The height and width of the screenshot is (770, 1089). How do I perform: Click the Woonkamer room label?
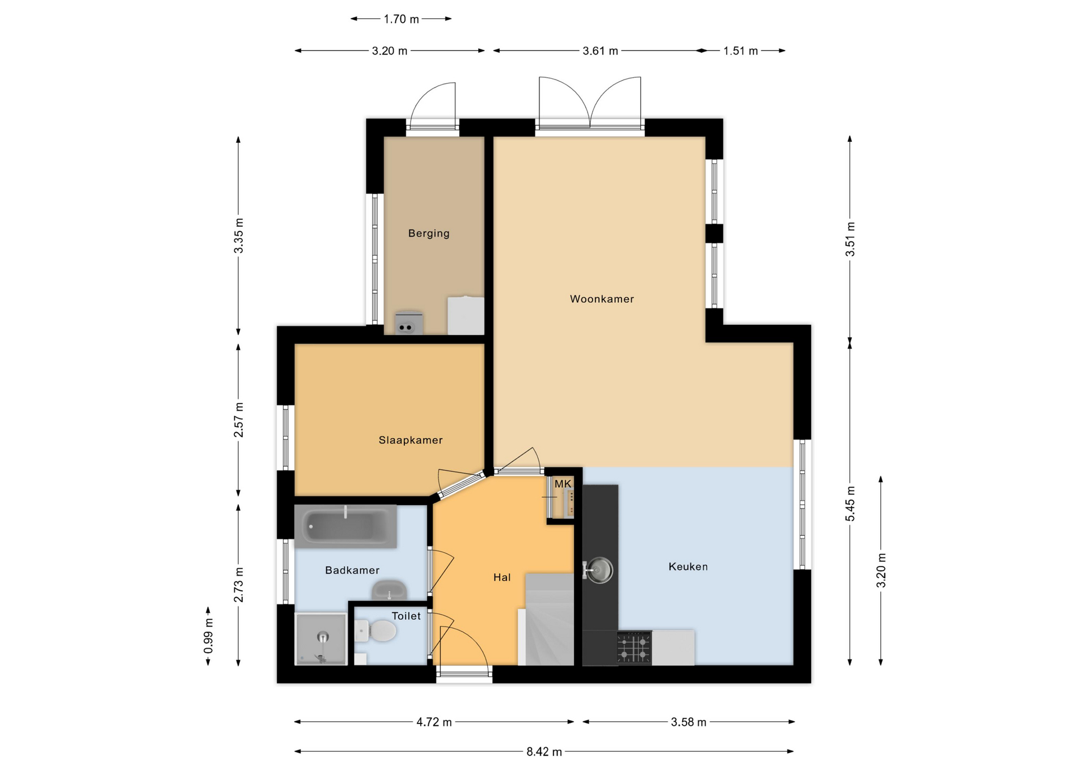click(x=602, y=299)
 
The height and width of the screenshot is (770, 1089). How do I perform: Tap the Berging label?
click(x=429, y=233)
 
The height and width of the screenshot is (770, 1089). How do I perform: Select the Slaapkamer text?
click(x=411, y=440)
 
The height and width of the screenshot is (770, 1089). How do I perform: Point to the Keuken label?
click(x=688, y=566)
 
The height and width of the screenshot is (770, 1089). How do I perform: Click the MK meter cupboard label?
click(x=563, y=484)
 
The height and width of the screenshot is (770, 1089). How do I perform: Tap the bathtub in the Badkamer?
click(x=345, y=526)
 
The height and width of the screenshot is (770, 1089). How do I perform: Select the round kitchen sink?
click(x=599, y=570)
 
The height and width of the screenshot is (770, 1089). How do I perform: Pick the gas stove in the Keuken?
click(x=634, y=648)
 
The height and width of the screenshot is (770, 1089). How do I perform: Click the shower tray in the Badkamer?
click(x=321, y=638)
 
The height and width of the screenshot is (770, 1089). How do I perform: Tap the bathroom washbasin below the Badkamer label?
click(x=389, y=590)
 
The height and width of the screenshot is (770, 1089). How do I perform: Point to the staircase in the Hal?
click(x=550, y=619)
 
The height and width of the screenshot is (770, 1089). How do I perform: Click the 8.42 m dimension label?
click(x=544, y=752)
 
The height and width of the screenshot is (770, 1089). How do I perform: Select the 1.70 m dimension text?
click(x=401, y=19)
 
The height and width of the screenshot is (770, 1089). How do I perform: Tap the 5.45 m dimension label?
click(x=850, y=504)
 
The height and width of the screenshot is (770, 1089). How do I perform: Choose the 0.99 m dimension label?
click(x=209, y=635)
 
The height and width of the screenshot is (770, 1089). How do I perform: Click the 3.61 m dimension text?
click(x=600, y=51)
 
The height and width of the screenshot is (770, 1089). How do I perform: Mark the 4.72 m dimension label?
click(x=434, y=722)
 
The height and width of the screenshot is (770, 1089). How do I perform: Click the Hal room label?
click(x=502, y=577)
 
